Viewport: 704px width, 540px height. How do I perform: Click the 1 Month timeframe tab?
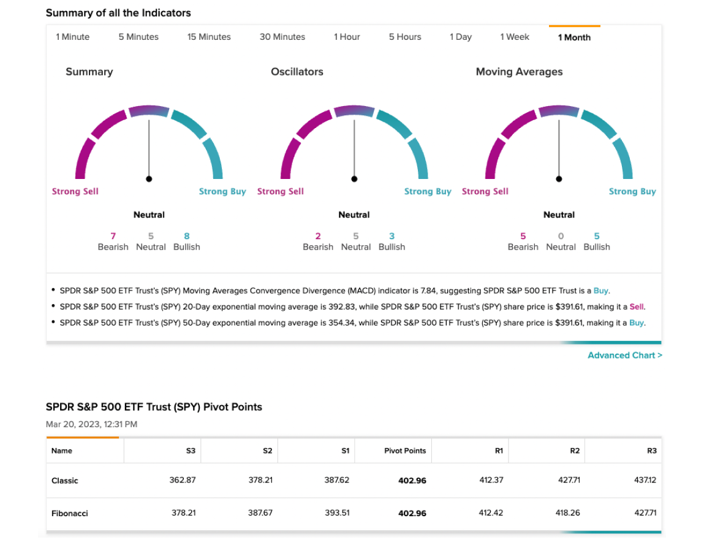(x=574, y=37)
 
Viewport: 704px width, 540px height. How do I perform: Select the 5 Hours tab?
(x=405, y=37)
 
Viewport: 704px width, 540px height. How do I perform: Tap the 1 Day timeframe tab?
(x=461, y=37)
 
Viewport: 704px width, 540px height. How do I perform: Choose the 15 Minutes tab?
(x=209, y=37)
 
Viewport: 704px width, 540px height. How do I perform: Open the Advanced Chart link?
(x=625, y=356)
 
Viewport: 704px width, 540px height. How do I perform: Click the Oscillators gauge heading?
(x=297, y=72)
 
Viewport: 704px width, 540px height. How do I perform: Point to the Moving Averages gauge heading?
(x=519, y=72)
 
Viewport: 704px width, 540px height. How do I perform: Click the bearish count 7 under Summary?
(x=113, y=236)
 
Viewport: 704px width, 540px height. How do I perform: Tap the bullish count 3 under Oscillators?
(x=392, y=236)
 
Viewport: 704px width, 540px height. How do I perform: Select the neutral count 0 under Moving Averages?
(x=561, y=236)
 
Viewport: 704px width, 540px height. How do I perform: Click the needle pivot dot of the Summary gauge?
(x=149, y=179)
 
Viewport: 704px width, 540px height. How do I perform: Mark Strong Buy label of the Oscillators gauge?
(x=428, y=191)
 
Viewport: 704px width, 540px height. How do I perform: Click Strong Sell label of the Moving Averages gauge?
(x=485, y=191)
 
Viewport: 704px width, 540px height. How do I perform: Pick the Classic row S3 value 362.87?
(x=183, y=480)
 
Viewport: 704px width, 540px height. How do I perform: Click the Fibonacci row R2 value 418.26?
(x=567, y=512)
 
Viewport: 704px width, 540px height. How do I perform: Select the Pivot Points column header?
(x=405, y=451)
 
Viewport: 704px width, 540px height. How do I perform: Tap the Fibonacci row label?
(x=70, y=513)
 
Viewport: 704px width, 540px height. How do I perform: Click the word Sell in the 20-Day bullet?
(x=636, y=307)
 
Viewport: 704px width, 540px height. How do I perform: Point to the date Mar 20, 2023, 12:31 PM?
(x=91, y=424)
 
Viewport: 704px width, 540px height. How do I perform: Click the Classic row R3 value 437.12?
(x=645, y=480)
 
